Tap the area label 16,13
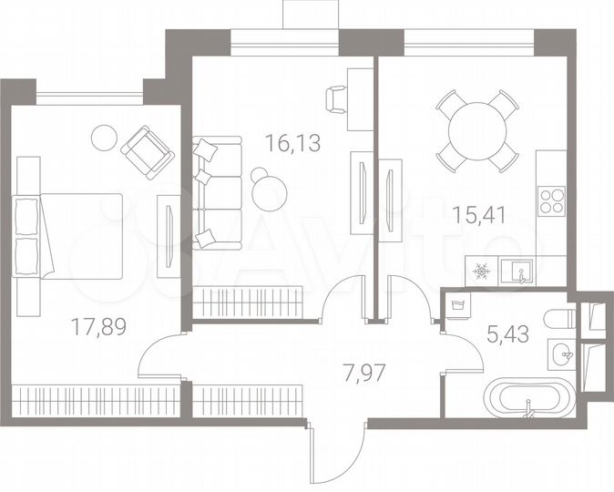click(292, 142)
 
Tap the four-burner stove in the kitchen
click(552, 200)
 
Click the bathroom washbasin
click(562, 353)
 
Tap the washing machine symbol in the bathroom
click(458, 305)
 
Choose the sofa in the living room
click(217, 192)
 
